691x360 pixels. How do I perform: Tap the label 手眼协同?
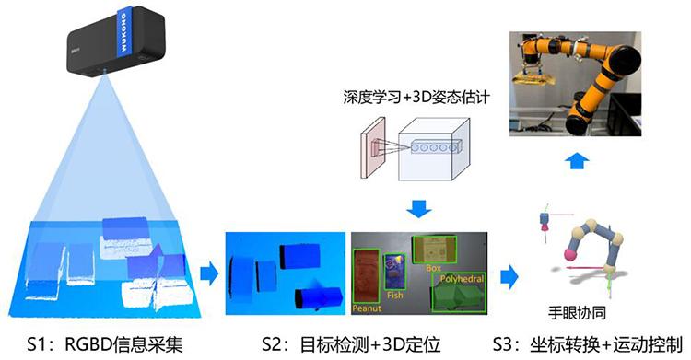[587, 310]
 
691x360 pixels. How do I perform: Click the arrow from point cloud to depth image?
[208, 273]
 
